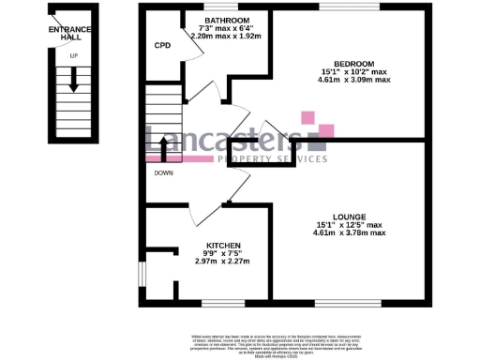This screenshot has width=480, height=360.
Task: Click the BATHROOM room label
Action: pos(227,20)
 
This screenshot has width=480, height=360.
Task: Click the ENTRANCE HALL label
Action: pos(71,34)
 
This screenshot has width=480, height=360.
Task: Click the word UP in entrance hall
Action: pos(72,55)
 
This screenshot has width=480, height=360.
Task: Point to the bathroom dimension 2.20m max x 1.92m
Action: pos(227,36)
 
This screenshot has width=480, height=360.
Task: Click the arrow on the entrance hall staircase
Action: pos(72,89)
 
